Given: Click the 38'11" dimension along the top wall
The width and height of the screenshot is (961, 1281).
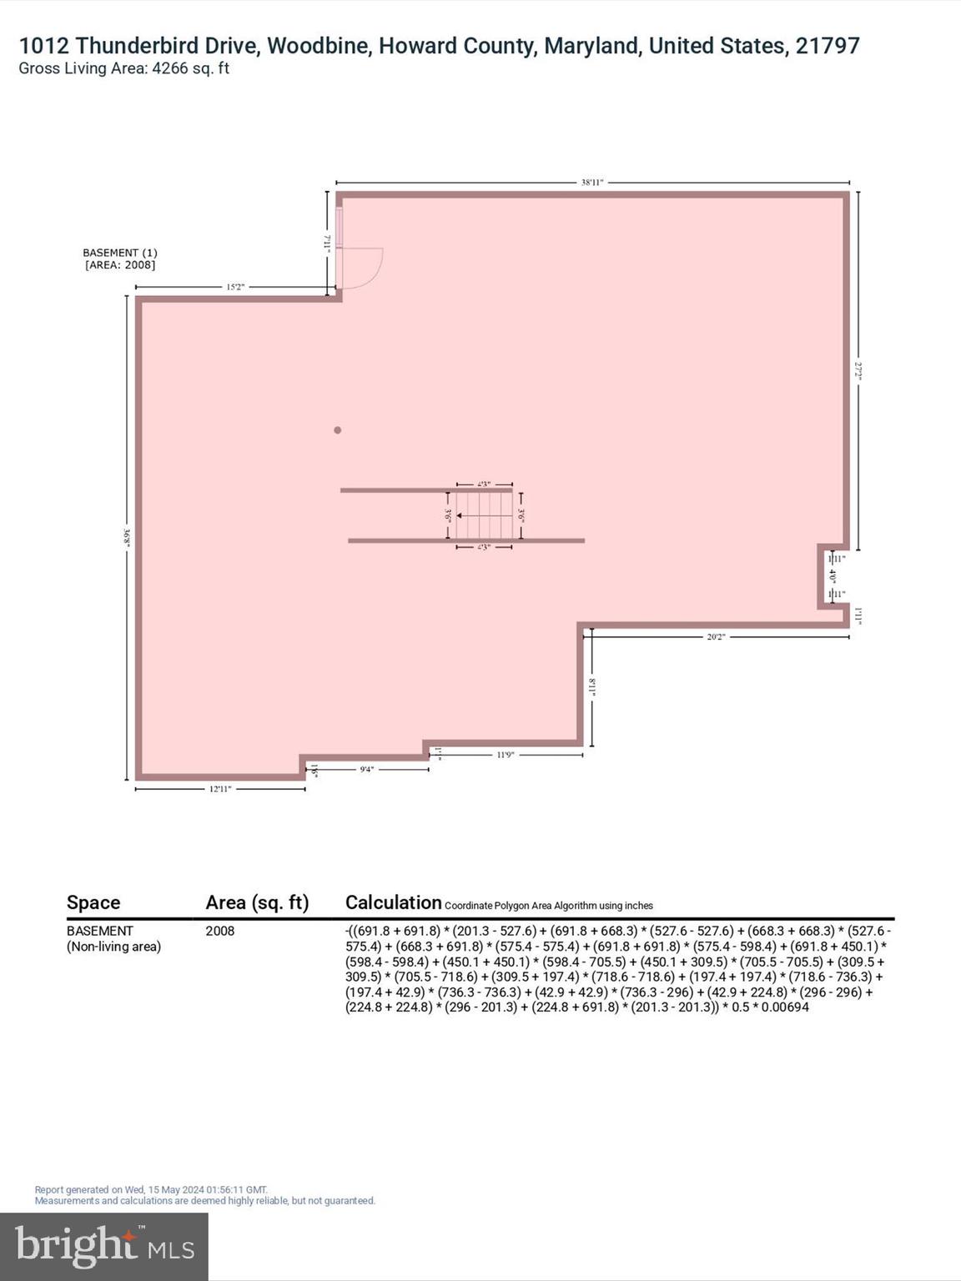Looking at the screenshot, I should tap(591, 182).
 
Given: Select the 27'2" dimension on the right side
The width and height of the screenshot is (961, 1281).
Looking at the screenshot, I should tap(858, 370).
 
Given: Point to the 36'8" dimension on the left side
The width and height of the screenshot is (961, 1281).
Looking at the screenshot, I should tap(126, 538).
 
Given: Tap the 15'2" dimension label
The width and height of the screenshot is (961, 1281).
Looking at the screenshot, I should tap(235, 287).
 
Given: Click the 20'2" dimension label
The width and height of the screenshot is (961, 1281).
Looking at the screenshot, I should tap(716, 636).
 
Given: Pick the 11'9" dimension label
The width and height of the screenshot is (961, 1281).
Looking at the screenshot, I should tap(505, 755).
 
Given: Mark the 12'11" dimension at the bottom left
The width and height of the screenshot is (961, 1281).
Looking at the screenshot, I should tap(219, 789).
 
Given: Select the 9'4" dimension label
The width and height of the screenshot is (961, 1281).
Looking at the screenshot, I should tap(367, 769).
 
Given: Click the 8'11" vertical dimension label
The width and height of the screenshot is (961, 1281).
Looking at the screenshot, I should tap(592, 687).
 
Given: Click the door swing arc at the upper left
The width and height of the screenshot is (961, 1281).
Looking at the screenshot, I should tap(367, 269).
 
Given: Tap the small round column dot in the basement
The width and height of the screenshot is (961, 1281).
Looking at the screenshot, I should tap(338, 430).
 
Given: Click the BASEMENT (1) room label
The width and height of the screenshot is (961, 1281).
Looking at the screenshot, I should tap(120, 253).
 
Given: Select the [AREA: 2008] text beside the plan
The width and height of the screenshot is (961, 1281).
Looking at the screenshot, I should tap(120, 265).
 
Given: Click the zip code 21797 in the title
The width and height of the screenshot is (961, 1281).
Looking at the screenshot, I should tap(827, 46).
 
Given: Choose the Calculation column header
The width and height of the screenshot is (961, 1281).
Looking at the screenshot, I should tap(393, 902).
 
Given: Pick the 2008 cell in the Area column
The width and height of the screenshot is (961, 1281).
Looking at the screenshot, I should tap(220, 931).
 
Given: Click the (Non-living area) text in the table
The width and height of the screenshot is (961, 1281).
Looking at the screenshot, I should tap(114, 947).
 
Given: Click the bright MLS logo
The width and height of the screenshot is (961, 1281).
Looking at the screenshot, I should tap(104, 1246).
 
